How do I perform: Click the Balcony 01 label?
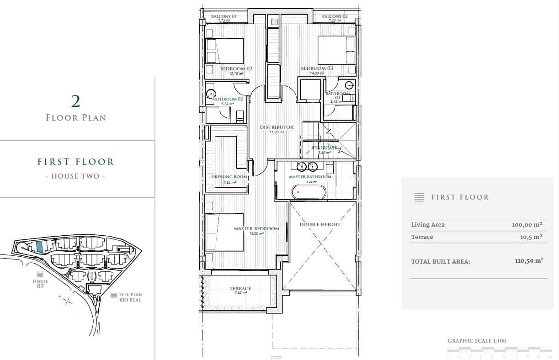[x=224, y=16]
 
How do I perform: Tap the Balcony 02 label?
[x=335, y=16]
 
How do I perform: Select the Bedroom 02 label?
[x=236, y=69]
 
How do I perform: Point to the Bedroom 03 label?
[x=317, y=68]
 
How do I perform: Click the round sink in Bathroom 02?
[x=210, y=94]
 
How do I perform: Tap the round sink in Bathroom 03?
[x=350, y=85]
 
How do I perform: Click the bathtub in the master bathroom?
[x=309, y=192]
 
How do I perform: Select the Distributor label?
[x=277, y=127]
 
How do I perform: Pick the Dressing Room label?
[x=229, y=177]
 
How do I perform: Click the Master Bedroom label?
[x=256, y=228]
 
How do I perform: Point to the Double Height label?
[x=320, y=224]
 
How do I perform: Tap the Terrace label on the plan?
[x=240, y=288]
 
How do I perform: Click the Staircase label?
[x=325, y=148]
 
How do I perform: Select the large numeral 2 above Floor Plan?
[x=76, y=101]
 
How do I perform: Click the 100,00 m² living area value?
[x=527, y=224]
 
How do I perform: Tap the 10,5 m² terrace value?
[x=531, y=237]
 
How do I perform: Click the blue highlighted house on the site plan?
[x=40, y=247]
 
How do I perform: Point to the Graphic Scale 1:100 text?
[x=477, y=341]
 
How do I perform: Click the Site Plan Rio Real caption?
[x=129, y=297]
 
